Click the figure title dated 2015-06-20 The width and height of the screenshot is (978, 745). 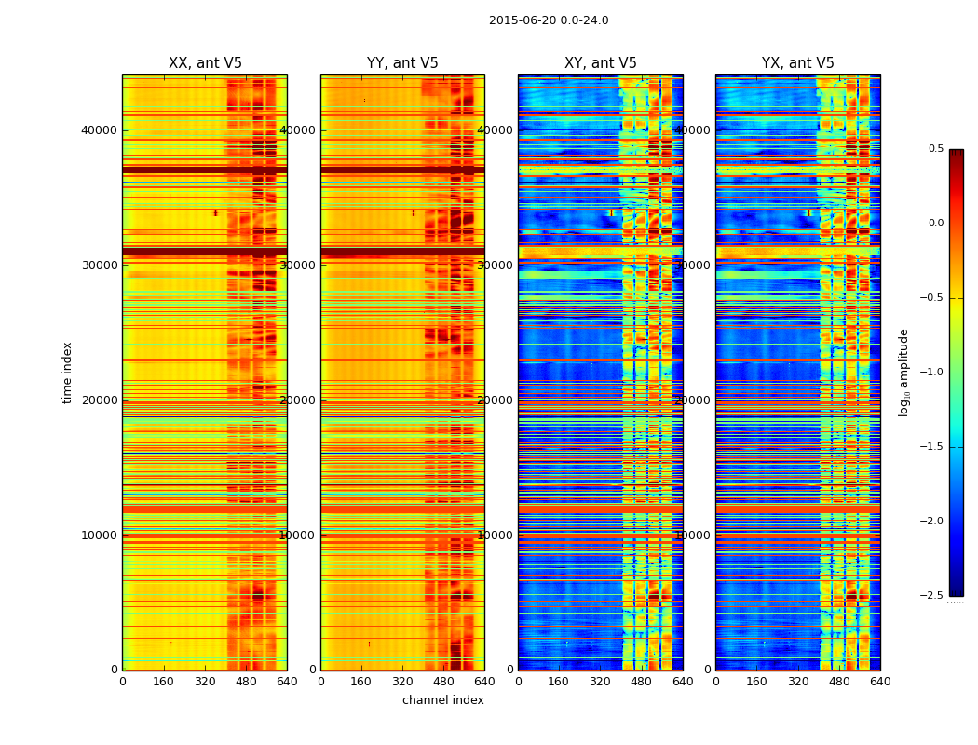pyautogui.click(x=549, y=20)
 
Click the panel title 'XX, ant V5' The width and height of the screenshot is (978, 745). pyautogui.click(x=205, y=63)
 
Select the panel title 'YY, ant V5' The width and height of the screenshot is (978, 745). pyautogui.click(x=402, y=63)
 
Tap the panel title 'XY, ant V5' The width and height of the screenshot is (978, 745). pyautogui.click(x=601, y=63)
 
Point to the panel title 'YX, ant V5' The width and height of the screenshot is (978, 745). pyautogui.click(x=798, y=63)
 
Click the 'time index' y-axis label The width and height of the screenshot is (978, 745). pyautogui.click(x=67, y=372)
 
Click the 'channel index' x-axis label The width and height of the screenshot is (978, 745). pyautogui.click(x=443, y=700)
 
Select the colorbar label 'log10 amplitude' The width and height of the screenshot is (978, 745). pyautogui.click(x=903, y=372)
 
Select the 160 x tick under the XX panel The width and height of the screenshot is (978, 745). pyautogui.click(x=164, y=682)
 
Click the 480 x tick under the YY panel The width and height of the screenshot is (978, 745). pyautogui.click(x=443, y=682)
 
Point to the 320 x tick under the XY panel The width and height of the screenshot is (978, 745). pyautogui.click(x=601, y=682)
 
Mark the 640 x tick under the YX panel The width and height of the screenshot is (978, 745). pyautogui.click(x=880, y=682)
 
